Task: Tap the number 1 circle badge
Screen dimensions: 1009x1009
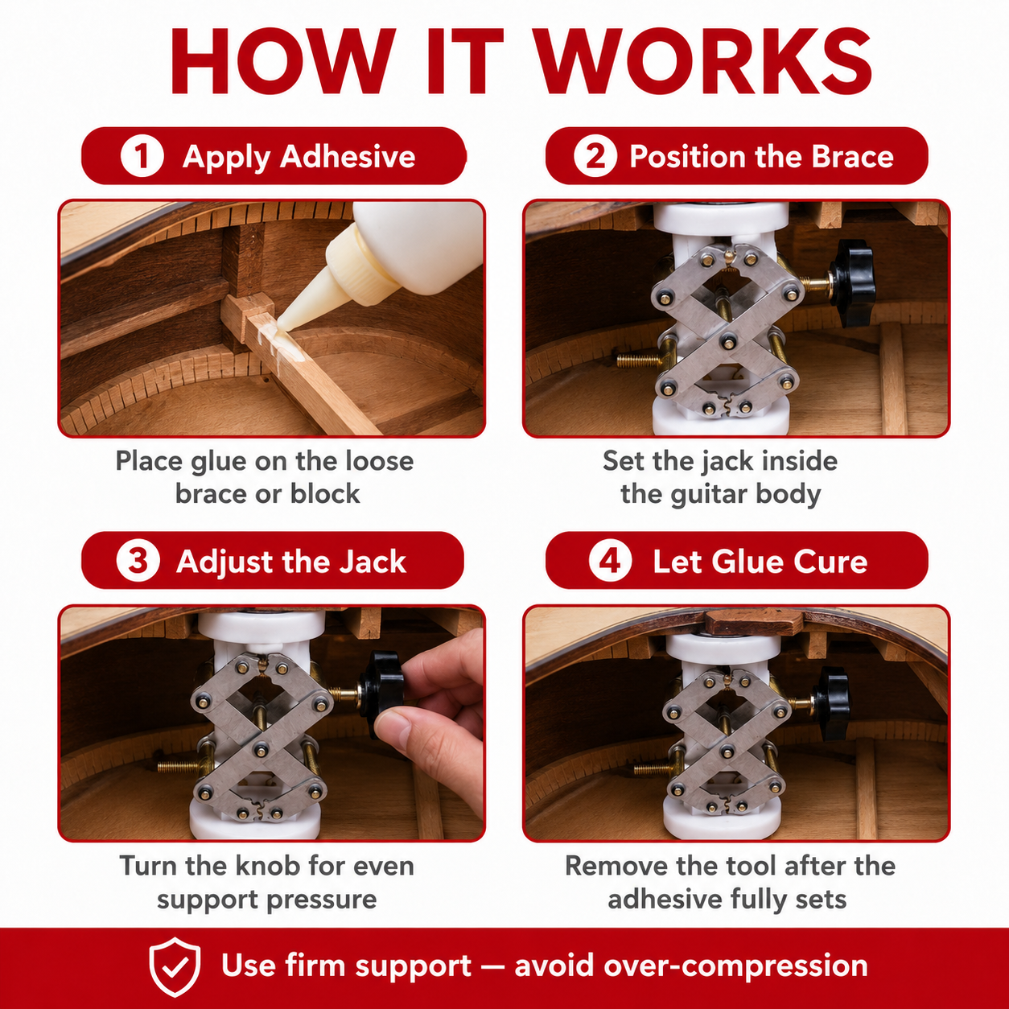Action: point(142,156)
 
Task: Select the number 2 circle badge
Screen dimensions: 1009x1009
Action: point(595,156)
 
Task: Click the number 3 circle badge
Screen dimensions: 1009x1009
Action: point(138,561)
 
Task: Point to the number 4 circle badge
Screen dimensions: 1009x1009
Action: point(611,561)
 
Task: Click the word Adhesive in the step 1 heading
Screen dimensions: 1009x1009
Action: point(348,157)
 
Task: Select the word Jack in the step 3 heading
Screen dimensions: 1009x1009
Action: point(373,562)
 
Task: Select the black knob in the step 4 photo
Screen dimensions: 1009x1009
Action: point(833,703)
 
